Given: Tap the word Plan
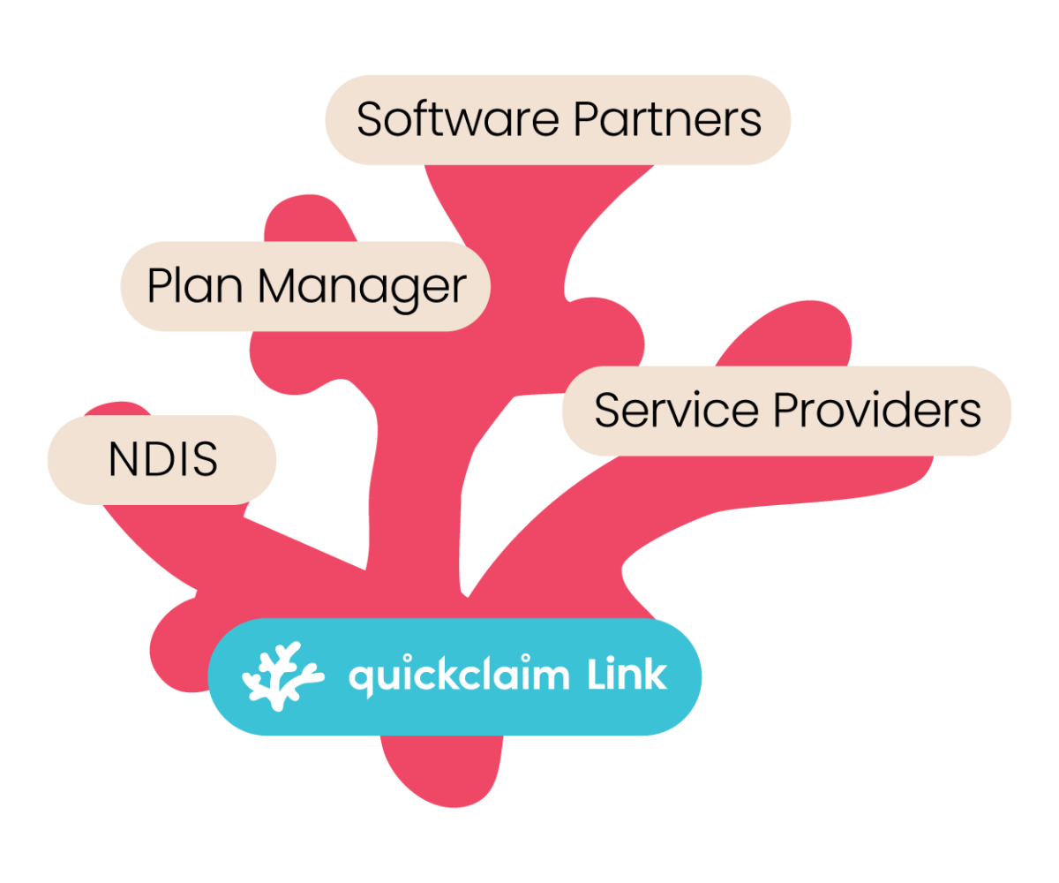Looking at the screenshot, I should tap(195, 286).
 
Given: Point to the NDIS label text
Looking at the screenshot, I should tap(162, 460).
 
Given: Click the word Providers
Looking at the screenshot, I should tap(877, 411).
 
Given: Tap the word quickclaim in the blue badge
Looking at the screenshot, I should tap(459, 677).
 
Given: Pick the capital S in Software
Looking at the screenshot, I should tap(370, 119).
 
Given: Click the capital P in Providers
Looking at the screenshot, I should tap(785, 411).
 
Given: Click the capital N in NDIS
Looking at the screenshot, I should tap(121, 460).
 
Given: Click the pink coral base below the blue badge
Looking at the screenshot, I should tap(441, 768).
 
